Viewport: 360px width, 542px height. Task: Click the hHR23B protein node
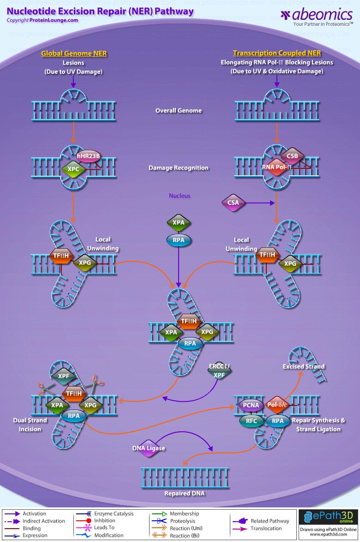[88, 156]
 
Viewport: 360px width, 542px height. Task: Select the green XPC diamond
[73, 169]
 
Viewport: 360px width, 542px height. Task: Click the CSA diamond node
[234, 203]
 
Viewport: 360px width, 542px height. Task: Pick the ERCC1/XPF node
[219, 371]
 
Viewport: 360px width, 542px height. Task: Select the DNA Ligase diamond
[149, 448]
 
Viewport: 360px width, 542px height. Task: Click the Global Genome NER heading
[74, 54]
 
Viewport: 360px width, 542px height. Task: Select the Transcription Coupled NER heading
[276, 54]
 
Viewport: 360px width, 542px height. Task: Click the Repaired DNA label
[184, 493]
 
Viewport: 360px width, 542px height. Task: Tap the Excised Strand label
[304, 366]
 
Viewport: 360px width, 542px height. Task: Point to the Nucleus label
[180, 196]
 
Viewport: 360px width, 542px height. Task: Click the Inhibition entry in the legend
[104, 521]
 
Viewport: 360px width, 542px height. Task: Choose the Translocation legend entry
[266, 528]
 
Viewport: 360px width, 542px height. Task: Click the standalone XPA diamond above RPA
[178, 222]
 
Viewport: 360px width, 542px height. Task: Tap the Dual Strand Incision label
[30, 425]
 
